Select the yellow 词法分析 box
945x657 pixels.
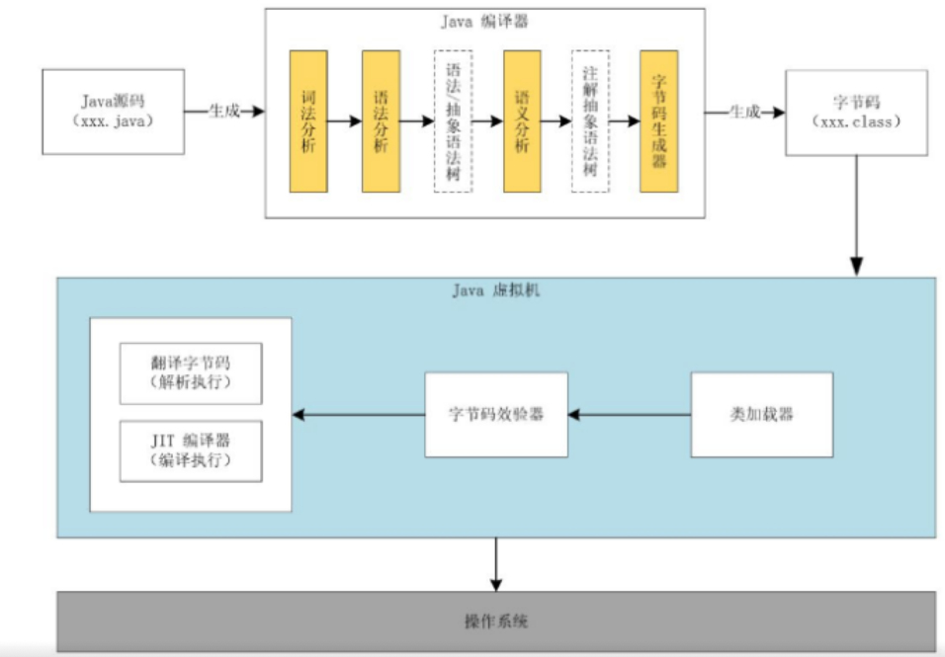point(307,121)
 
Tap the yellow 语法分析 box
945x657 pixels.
point(381,121)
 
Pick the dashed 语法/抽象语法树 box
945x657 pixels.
point(453,121)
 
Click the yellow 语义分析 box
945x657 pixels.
point(522,121)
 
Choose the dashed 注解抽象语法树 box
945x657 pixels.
point(590,121)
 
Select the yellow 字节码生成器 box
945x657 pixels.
point(659,121)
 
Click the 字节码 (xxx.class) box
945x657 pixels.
point(856,112)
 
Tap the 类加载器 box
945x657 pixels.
point(759,414)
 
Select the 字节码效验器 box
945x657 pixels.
point(496,414)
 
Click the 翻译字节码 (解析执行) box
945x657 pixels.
point(191,373)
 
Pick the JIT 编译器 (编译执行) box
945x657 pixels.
point(191,451)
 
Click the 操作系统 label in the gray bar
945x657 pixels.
point(496,622)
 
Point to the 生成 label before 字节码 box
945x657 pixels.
point(743,112)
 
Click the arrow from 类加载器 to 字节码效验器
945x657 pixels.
point(630,414)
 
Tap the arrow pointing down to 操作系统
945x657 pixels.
point(496,564)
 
